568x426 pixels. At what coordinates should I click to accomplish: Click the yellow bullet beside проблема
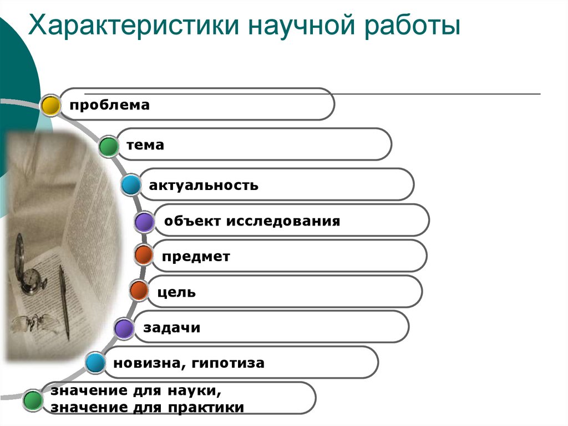tap(50, 106)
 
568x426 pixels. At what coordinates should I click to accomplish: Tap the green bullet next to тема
tap(108, 146)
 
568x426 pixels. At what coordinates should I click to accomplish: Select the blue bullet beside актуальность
tap(131, 185)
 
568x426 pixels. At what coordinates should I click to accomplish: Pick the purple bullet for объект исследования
tap(144, 222)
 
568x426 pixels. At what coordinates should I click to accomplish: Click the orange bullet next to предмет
tap(144, 254)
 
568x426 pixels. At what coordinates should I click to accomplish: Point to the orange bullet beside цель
tap(139, 290)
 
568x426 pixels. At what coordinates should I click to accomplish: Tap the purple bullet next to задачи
tap(124, 328)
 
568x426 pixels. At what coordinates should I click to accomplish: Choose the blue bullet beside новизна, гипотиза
tap(95, 363)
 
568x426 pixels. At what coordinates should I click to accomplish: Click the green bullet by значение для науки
tap(33, 400)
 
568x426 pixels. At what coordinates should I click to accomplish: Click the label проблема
tap(109, 105)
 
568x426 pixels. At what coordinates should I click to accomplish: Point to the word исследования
tap(283, 221)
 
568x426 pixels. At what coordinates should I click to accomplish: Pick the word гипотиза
tap(228, 363)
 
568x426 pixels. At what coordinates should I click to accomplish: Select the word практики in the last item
tap(206, 408)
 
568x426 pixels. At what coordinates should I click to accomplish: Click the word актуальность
tap(204, 186)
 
